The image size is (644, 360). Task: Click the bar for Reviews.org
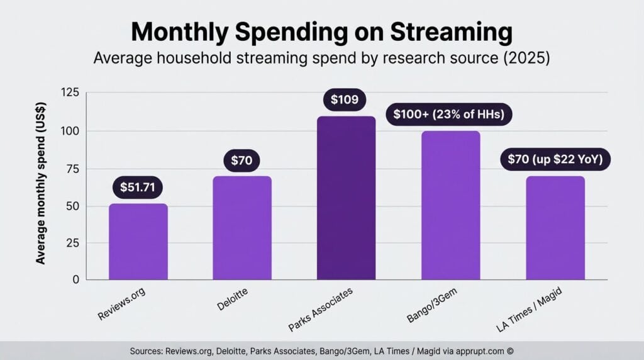(x=138, y=242)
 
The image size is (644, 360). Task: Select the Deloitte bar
(x=241, y=228)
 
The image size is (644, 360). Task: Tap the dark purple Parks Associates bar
(x=346, y=198)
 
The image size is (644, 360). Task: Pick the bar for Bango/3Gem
(x=450, y=205)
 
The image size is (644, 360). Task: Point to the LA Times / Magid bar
(x=555, y=228)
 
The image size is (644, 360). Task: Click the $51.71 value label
(x=138, y=186)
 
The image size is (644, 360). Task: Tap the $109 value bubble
(x=344, y=99)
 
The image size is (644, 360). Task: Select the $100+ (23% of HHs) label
(x=449, y=115)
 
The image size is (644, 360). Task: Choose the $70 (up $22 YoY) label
(x=555, y=160)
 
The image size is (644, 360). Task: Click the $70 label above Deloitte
(x=241, y=160)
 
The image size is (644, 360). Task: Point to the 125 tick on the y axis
(x=70, y=93)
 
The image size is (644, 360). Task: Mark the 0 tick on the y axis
(x=75, y=279)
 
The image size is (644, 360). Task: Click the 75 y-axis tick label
(x=72, y=169)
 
